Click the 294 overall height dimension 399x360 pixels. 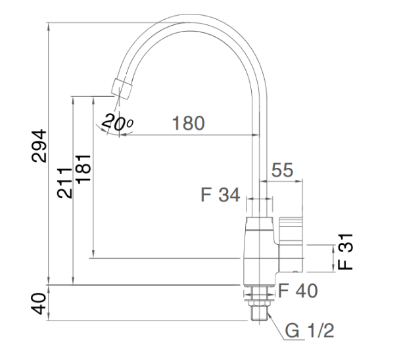point(41,145)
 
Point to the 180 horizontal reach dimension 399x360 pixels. point(189,122)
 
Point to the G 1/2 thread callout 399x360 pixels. point(310,330)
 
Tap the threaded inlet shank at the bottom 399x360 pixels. point(260,313)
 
